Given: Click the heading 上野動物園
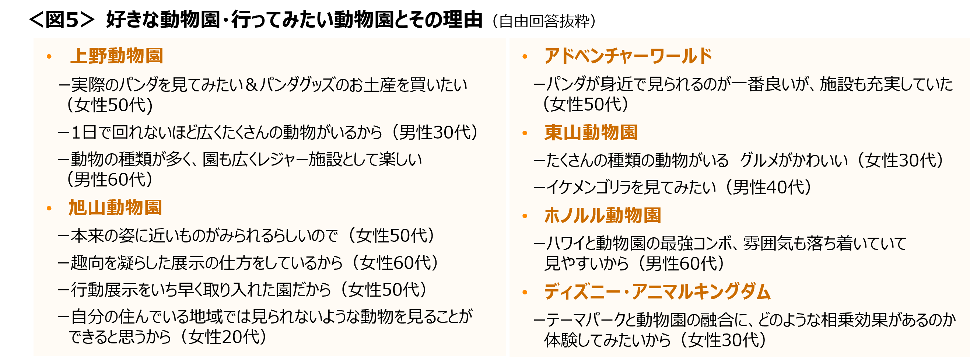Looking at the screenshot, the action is (x=116, y=56).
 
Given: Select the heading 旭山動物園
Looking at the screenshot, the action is (x=115, y=208).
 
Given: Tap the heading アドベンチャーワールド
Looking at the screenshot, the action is (x=628, y=56).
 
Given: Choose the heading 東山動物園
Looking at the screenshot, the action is (x=591, y=133).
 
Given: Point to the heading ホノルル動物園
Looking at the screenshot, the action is (x=602, y=216).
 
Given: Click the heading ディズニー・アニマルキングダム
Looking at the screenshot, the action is (x=657, y=292).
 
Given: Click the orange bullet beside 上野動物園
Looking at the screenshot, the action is (x=49, y=57).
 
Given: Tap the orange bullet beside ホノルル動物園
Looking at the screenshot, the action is (x=525, y=217).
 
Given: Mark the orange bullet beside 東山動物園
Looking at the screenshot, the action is (x=525, y=133).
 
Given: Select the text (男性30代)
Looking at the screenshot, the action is (x=435, y=132).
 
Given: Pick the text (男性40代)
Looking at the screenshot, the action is (x=768, y=187).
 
